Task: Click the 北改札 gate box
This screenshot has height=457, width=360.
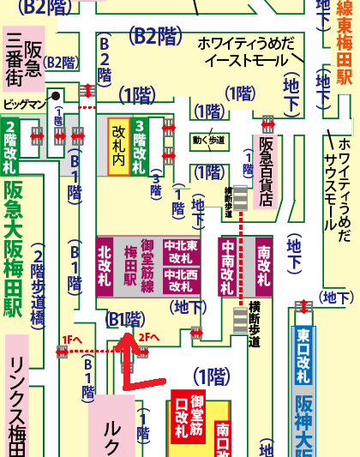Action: [x=105, y=267]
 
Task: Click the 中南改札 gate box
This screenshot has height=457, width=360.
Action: [x=229, y=267]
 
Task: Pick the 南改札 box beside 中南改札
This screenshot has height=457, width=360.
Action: [x=262, y=267]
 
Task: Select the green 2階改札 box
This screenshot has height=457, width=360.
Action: [x=11, y=141]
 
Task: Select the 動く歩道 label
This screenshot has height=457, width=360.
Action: [x=209, y=140]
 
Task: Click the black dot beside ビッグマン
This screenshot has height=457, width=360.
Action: [x=56, y=97]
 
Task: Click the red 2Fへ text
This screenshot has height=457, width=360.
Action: [x=150, y=337]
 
